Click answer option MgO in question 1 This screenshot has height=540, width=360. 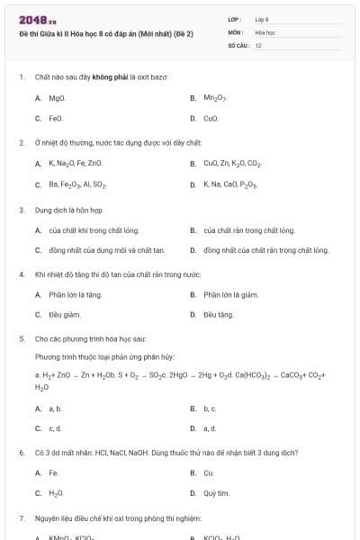57,98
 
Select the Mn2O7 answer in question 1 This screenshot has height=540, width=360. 214,98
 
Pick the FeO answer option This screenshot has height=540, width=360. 56,118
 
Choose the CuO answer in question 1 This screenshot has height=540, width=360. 211,118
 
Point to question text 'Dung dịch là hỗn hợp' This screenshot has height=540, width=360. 64,210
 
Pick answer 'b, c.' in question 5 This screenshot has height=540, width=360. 210,409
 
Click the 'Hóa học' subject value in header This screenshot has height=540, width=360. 265,31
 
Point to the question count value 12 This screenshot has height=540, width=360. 258,45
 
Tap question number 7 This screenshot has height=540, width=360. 21,519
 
